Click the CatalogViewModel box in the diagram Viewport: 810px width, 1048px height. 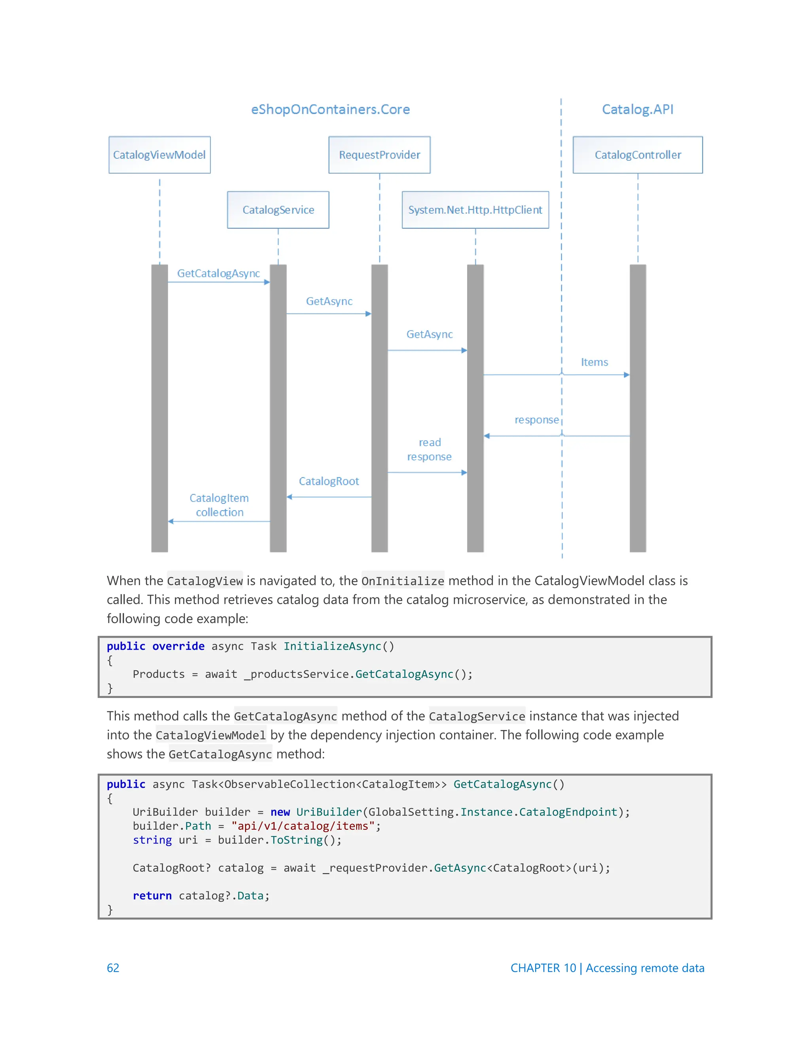point(159,155)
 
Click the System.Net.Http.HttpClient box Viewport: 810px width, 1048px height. point(475,210)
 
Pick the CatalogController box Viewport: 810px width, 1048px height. point(637,155)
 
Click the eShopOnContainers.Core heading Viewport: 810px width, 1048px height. point(330,110)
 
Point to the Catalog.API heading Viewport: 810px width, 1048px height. point(637,110)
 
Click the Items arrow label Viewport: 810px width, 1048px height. point(594,362)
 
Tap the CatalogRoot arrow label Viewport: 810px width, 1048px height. point(329,481)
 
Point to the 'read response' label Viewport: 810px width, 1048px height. point(430,450)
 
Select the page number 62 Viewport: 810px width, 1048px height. point(113,968)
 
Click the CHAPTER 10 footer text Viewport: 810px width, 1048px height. point(607,968)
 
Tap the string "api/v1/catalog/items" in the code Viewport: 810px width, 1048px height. point(303,826)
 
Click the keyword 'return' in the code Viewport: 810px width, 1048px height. point(152,895)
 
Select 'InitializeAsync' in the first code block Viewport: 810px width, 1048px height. point(332,646)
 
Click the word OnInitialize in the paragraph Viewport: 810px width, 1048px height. point(403,581)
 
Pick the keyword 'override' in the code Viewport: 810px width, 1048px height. point(178,646)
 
